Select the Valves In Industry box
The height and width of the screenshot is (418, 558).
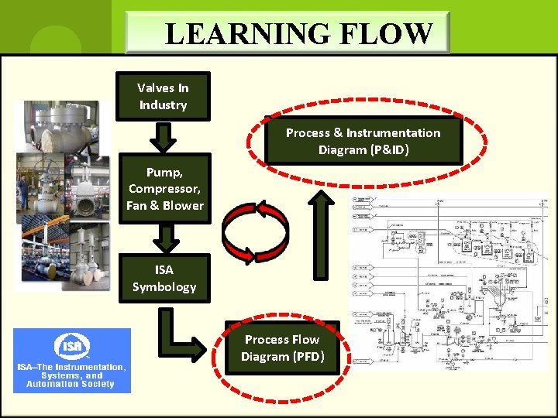click(163, 97)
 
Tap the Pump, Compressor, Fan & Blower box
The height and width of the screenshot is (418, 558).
click(165, 188)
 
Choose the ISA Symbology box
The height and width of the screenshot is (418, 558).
click(164, 278)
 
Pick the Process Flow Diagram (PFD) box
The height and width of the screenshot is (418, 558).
click(282, 348)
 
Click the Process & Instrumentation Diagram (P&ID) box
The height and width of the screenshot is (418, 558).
click(363, 141)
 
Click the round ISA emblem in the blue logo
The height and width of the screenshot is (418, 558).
click(72, 345)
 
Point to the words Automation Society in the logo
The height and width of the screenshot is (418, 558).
click(71, 384)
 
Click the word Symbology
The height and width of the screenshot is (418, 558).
click(164, 287)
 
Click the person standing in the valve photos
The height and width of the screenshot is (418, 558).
click(24, 191)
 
